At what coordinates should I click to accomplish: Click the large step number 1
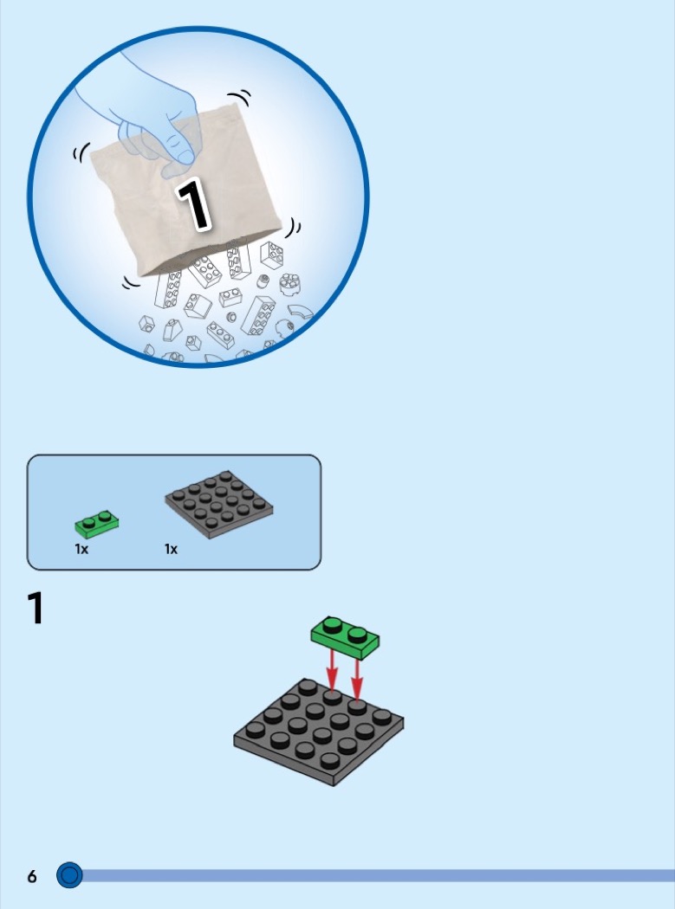tap(36, 608)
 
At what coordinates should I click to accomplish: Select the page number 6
tap(32, 876)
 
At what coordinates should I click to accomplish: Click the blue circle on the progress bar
tap(69, 874)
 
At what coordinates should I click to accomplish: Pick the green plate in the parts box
tap(97, 524)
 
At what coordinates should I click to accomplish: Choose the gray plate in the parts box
tap(219, 504)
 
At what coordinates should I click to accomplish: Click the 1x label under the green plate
tap(81, 549)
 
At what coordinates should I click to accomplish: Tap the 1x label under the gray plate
tap(172, 549)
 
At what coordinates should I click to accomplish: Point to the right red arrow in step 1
tap(356, 677)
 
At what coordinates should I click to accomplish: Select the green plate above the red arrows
tap(346, 638)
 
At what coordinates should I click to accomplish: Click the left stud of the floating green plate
tap(333, 625)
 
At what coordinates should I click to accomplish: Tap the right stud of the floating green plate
tap(357, 635)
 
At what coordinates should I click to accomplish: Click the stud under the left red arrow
tap(332, 697)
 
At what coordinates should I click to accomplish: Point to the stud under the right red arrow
tap(357, 706)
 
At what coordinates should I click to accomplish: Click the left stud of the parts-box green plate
tap(88, 522)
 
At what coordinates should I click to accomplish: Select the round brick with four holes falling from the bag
tap(289, 283)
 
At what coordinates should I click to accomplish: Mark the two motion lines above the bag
tap(240, 97)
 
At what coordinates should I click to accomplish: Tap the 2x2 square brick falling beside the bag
tap(271, 255)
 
